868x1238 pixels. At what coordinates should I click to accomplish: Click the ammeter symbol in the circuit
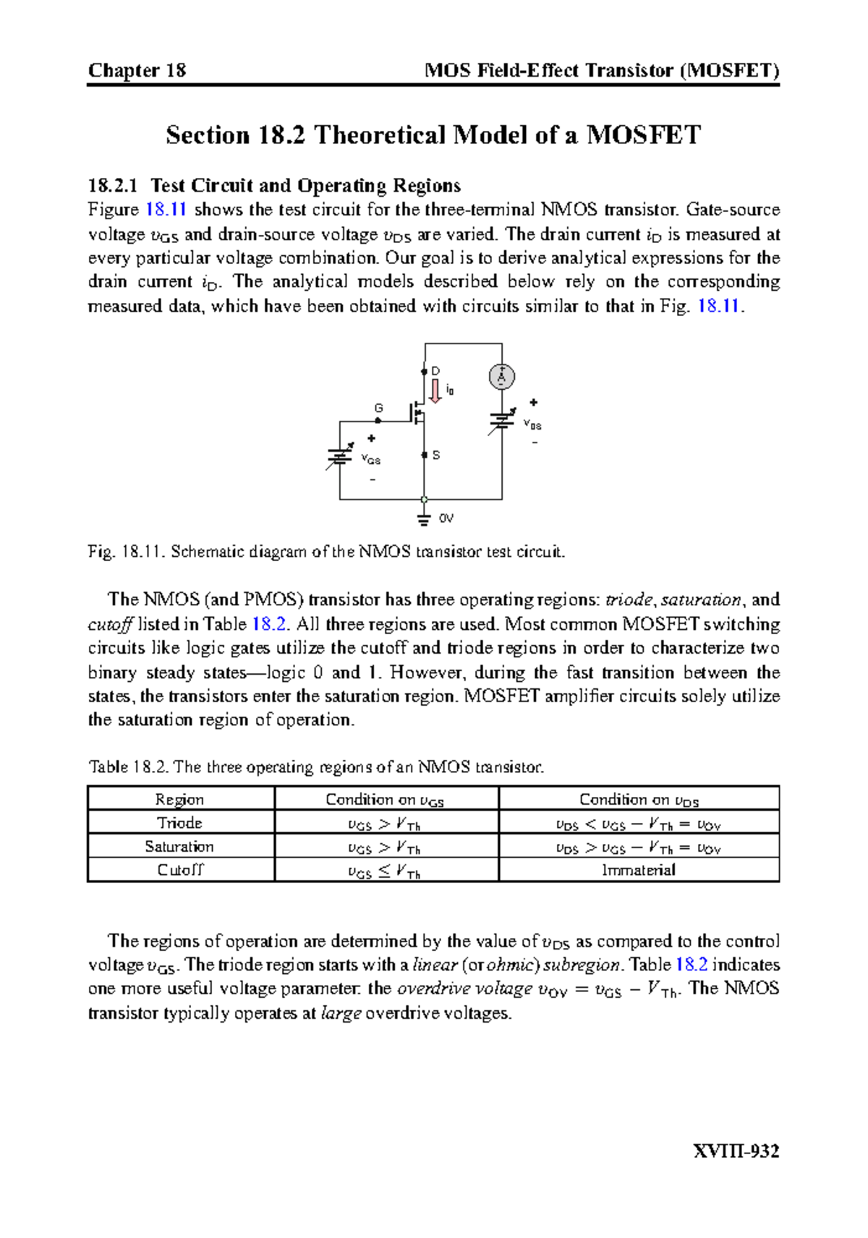(x=501, y=377)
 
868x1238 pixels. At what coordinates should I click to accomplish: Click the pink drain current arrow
(x=435, y=391)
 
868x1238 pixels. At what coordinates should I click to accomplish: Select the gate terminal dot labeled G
(x=378, y=420)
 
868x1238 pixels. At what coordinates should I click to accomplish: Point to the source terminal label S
(x=436, y=456)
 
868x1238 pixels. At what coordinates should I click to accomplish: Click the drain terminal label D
(x=435, y=371)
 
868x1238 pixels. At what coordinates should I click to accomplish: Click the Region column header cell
(x=180, y=799)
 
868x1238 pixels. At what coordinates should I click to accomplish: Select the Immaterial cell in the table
(x=638, y=870)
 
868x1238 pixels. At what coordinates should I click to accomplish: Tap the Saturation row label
(x=180, y=846)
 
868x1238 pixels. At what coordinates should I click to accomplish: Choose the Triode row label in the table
(x=180, y=823)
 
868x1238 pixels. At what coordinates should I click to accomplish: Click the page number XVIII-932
(x=736, y=1151)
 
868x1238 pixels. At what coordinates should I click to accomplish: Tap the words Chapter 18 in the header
(x=137, y=70)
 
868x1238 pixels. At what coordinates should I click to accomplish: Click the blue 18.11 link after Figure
(x=166, y=210)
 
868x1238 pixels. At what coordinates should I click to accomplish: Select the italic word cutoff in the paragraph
(x=110, y=624)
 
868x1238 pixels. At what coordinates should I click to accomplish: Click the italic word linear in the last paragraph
(x=435, y=965)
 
